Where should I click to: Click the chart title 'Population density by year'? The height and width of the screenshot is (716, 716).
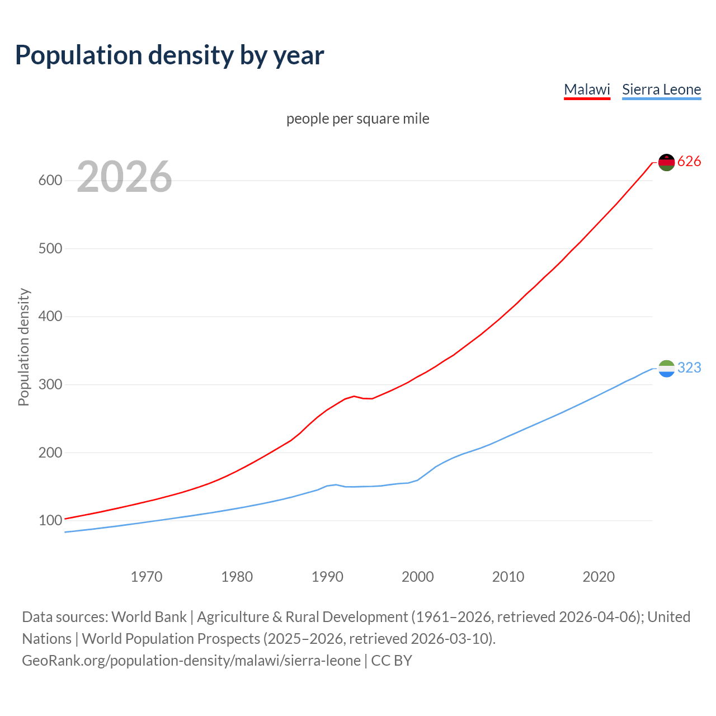click(x=169, y=55)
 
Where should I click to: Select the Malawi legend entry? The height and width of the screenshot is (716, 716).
click(x=587, y=89)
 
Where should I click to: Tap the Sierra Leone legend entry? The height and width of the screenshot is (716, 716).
click(x=661, y=89)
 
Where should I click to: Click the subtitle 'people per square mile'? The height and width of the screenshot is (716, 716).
click(x=358, y=119)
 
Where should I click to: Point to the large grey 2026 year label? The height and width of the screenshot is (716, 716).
click(x=124, y=177)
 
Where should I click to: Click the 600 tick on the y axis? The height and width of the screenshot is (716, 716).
click(x=50, y=181)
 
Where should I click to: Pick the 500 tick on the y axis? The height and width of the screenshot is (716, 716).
click(x=50, y=248)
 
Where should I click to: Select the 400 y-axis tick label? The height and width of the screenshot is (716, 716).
click(x=50, y=317)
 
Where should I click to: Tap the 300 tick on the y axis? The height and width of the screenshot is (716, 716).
click(x=50, y=385)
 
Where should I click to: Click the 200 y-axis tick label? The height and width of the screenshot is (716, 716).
click(x=50, y=453)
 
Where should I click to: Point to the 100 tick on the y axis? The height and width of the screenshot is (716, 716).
click(x=50, y=521)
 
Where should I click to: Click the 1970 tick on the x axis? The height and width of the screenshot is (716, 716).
click(x=147, y=577)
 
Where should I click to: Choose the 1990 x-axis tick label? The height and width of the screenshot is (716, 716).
click(x=327, y=577)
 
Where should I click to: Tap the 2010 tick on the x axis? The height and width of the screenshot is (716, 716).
click(x=508, y=577)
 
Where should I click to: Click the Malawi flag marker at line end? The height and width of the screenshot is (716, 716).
click(x=666, y=162)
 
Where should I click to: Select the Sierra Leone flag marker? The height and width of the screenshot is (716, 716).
click(x=666, y=368)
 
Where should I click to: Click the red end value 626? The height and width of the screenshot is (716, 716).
click(x=689, y=162)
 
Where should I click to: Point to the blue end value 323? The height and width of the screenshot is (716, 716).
click(x=689, y=368)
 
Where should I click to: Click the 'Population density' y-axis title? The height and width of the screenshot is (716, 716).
click(x=23, y=347)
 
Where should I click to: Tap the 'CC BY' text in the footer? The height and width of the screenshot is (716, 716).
click(x=392, y=661)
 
